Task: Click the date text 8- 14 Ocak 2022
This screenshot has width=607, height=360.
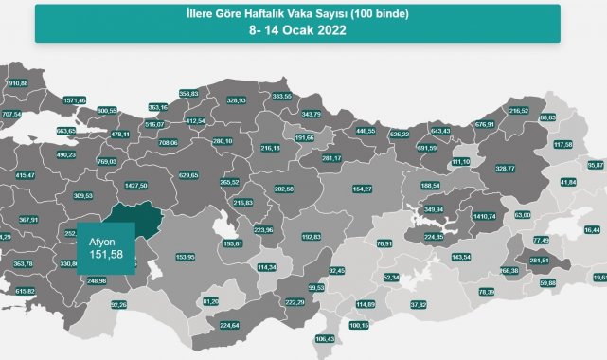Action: click(298, 29)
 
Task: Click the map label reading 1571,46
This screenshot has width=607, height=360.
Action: click(74, 100)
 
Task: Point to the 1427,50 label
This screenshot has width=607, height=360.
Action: click(138, 187)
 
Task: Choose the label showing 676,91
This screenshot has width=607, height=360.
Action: click(485, 124)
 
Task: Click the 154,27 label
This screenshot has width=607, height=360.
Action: click(363, 189)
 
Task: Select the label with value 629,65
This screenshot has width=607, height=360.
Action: click(191, 175)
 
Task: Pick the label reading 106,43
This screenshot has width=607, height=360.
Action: click(325, 339)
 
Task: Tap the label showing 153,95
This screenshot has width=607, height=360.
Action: click(186, 257)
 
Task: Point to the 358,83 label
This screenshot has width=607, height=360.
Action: click(188, 93)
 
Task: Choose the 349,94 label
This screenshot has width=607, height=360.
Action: click(433, 209)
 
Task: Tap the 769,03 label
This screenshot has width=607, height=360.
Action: click(107, 161)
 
